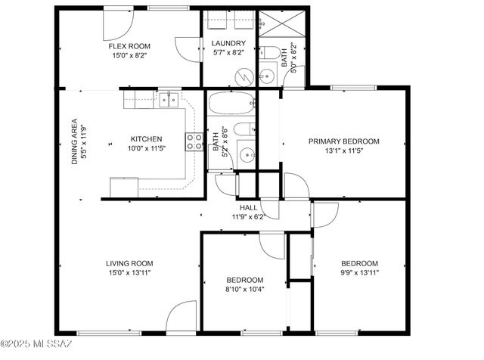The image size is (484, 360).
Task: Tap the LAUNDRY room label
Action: click(228, 43)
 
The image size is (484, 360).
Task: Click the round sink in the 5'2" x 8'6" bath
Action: click(247, 156)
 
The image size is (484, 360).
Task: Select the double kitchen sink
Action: click(168, 98)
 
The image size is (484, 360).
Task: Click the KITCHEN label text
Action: click(146, 139)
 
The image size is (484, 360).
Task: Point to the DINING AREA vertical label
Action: click(73, 141)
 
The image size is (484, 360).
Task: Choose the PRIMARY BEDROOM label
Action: click(343, 141)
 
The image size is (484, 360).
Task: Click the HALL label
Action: click(248, 207)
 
